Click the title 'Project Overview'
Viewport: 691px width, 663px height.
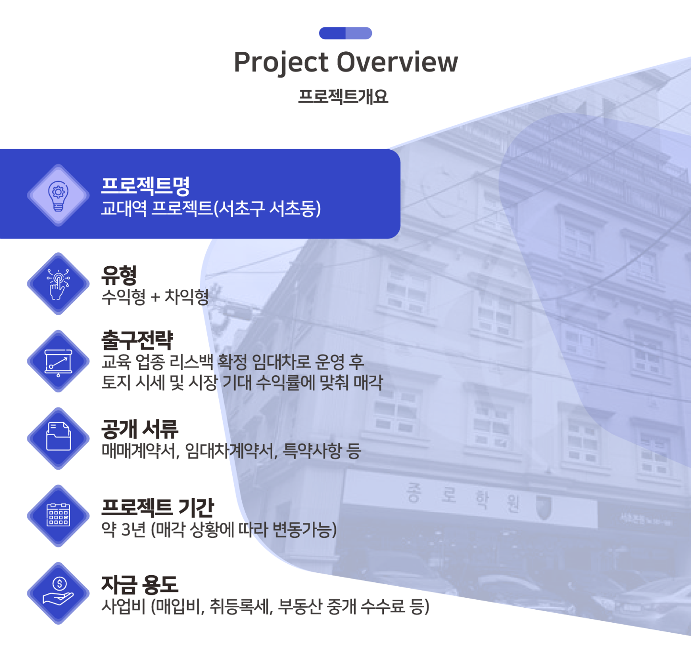pos(345,62)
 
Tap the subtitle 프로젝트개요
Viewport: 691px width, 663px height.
pos(343,96)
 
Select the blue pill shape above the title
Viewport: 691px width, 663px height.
pos(345,33)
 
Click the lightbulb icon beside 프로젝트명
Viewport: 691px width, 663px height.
pos(58,195)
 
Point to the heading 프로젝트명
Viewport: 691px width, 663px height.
pos(145,186)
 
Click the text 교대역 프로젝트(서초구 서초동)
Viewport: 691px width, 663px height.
pos(211,208)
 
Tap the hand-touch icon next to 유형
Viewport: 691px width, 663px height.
pos(58,284)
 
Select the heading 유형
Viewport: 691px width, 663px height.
pos(119,275)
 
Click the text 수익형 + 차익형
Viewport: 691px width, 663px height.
pos(155,296)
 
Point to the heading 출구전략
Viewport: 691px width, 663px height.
pos(137,340)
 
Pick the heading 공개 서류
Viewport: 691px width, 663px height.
pos(140,429)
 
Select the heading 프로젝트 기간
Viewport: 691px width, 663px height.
pos(158,507)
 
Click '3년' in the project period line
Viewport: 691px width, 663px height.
pos(133,529)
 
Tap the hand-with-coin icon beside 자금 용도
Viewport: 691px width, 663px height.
pos(58,593)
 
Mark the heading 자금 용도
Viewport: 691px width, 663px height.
pos(140,584)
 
